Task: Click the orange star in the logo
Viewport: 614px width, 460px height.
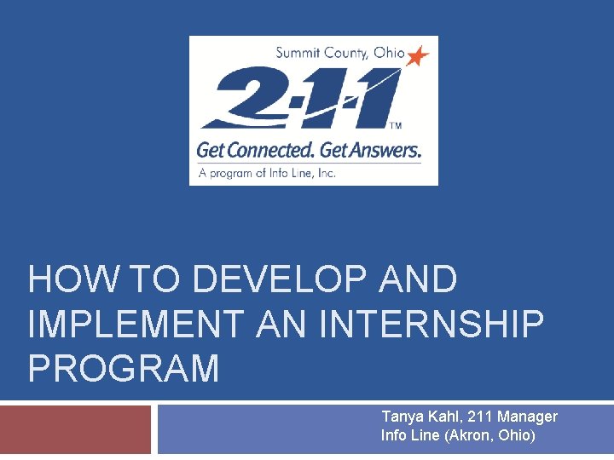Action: click(418, 56)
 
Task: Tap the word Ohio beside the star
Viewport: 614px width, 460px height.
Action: click(390, 53)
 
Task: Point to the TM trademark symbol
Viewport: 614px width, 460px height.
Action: click(396, 125)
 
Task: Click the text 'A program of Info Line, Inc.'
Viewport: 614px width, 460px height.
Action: click(267, 172)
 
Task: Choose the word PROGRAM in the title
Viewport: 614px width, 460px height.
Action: click(124, 369)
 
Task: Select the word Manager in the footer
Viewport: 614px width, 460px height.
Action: click(529, 417)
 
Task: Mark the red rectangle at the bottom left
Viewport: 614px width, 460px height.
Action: click(75, 430)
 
